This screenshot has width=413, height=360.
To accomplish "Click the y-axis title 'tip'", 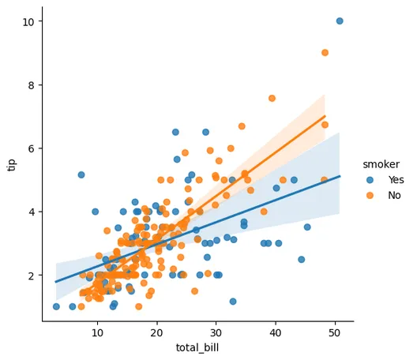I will pos(12,163).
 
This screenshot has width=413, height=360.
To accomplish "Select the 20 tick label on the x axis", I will pos(156,332).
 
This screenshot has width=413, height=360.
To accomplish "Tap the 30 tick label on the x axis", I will pos(216,332).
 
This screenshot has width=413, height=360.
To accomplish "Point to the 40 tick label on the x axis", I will pos(276,332).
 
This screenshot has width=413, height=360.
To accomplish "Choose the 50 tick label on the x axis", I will pos(336,332).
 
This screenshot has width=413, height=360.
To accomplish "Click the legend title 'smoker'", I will pos(380,164).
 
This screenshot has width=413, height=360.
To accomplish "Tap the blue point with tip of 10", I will pos(340,21).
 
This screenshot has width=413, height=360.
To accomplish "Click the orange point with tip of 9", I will pos(325,53).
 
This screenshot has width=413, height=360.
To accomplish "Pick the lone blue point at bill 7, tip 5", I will pos(81,174).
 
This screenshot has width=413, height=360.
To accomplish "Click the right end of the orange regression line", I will pos(325,116).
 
